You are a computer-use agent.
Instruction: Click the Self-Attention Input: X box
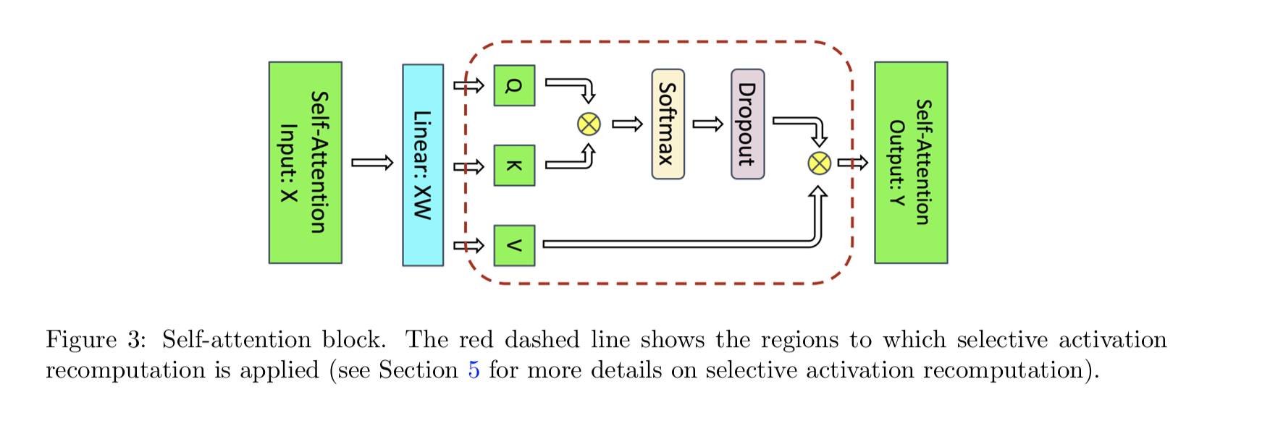[x=305, y=162]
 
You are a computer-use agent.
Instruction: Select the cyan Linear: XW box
[x=423, y=165]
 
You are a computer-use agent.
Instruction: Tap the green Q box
[x=514, y=85]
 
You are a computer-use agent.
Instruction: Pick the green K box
[x=514, y=166]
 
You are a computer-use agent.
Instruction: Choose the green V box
[x=514, y=246]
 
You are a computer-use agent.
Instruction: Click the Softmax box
[x=668, y=124]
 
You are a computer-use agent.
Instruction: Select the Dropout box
[x=747, y=124]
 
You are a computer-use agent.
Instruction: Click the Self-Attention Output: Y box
[x=911, y=162]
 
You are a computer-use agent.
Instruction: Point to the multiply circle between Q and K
[x=589, y=124]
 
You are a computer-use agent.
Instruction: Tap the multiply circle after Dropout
[x=819, y=163]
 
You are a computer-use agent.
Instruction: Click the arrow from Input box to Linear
[x=372, y=163]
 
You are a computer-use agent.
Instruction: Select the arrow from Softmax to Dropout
[x=707, y=124]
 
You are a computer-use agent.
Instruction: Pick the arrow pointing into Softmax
[x=627, y=124]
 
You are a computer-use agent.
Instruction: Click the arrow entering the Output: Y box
[x=852, y=163]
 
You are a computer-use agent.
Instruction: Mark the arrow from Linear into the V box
[x=469, y=246]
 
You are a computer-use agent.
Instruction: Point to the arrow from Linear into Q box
[x=469, y=86]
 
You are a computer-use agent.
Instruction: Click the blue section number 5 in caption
[x=474, y=370]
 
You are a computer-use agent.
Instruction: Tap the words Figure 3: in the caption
[x=96, y=340]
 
